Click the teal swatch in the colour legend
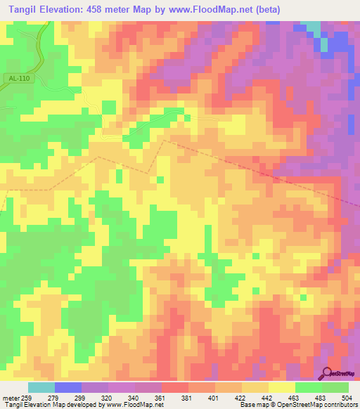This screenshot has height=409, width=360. pos(41,387)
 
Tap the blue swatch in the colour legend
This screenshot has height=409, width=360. pos(68,387)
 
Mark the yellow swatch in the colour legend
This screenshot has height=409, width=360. pos(282,387)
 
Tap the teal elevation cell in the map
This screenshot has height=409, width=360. pos(312,29)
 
